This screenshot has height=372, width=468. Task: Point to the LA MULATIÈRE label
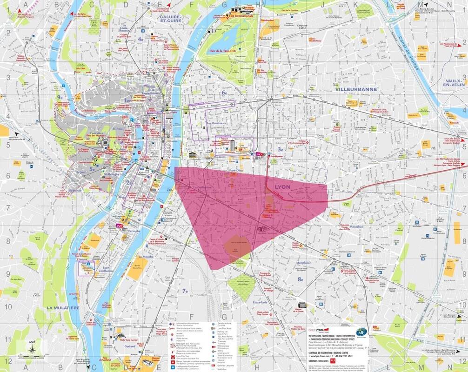click(x=63, y=308)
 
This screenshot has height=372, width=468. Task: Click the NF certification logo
click(x=361, y=333)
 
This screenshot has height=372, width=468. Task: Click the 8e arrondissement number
click(x=301, y=279)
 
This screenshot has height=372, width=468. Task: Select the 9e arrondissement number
click(x=60, y=97)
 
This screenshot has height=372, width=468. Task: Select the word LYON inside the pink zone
click(x=283, y=186)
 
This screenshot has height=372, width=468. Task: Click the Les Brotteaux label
click(x=215, y=123)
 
